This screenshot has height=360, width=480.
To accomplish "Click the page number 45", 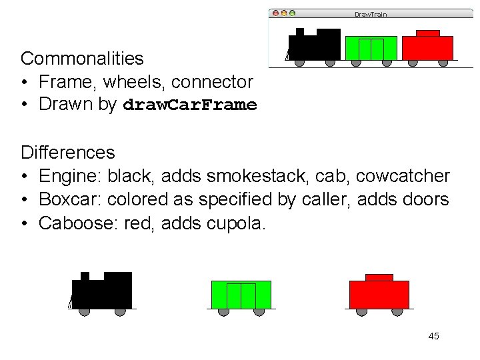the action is (433, 336).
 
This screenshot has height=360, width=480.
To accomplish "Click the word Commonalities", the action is (82, 59).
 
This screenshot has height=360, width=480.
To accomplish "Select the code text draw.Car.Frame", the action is (190, 105).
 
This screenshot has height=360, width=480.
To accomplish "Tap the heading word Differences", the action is (67, 153).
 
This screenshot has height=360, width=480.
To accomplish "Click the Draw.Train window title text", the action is (370, 14).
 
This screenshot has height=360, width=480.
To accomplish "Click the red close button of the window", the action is (274, 13).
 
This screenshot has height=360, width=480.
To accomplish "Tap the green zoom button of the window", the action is (291, 13).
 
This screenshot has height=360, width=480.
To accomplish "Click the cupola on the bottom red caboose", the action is (379, 277).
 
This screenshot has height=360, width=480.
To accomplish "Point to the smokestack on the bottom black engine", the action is (85, 276).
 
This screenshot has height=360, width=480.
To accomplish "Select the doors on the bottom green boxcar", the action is (241, 295).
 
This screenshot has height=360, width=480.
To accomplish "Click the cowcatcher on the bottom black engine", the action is (70, 302).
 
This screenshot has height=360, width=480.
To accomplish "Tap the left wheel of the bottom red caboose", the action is (361, 311).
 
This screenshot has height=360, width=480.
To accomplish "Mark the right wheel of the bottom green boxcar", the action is (259, 311).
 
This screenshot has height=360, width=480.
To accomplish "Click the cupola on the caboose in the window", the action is (427, 33).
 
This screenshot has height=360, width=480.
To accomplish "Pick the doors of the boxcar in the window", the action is (371, 49).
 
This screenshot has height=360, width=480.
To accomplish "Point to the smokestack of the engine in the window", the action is (300, 31).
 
